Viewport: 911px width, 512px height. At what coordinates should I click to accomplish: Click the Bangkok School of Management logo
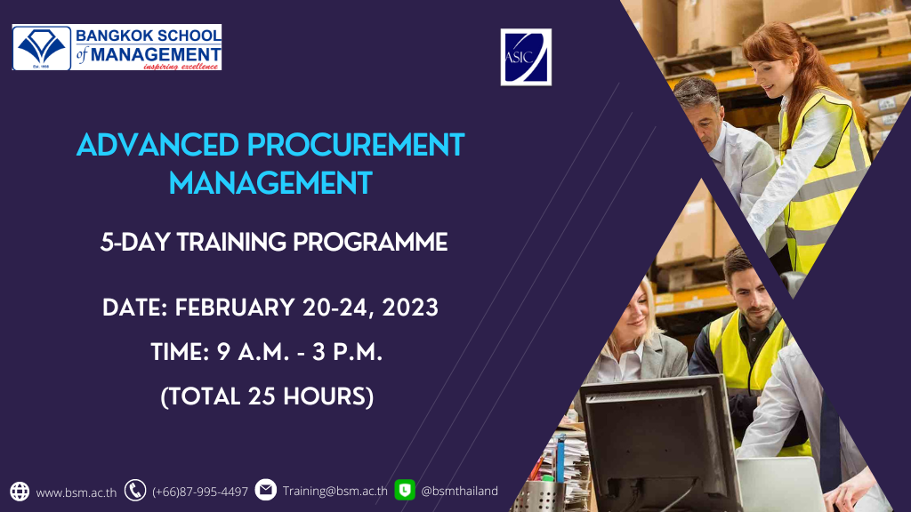[x=117, y=48]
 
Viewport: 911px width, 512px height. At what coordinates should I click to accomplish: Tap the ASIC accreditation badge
[x=526, y=57]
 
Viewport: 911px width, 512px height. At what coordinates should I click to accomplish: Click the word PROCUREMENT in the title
[x=356, y=145]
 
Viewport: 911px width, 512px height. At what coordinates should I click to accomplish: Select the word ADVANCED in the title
[x=157, y=145]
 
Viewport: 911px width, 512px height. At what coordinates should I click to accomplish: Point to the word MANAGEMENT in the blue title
[x=270, y=183]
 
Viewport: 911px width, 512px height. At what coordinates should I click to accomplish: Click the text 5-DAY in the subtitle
[x=135, y=242]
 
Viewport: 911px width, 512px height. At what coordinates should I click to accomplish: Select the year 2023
[x=410, y=308]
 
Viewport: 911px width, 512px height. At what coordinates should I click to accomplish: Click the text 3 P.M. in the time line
[x=347, y=352]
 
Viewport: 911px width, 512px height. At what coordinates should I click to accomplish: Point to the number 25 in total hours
[x=262, y=396]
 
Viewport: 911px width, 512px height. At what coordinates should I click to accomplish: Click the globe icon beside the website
[x=20, y=491]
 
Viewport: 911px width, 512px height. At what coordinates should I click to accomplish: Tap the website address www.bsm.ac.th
[x=77, y=492]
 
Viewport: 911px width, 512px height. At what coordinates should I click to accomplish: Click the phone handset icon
[x=135, y=491]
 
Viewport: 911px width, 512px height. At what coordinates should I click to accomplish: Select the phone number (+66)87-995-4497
[x=200, y=492]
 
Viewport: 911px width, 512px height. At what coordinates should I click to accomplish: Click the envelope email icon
[x=265, y=490]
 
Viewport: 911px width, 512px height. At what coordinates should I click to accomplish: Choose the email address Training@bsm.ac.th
[x=335, y=491]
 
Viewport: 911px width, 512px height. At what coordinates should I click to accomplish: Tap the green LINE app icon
[x=405, y=490]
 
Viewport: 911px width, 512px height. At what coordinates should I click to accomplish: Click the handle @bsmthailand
[x=459, y=491]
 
